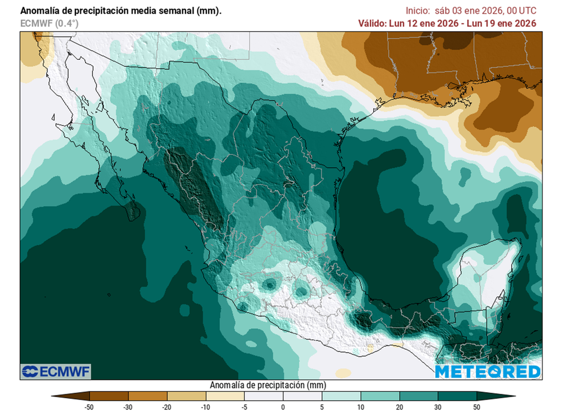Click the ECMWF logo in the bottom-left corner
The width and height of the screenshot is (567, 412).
coord(55,371)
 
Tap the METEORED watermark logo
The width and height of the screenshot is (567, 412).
coord(487,372)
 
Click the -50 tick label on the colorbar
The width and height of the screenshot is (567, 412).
coord(88,407)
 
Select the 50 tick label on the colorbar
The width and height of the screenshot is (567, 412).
coord(477,407)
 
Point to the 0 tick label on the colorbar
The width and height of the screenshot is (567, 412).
coord(283,407)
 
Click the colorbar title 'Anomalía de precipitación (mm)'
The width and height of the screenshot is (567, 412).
coord(267,385)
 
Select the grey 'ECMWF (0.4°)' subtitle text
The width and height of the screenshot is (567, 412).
coord(49,23)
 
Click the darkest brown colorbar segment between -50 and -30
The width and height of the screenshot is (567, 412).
coord(109,396)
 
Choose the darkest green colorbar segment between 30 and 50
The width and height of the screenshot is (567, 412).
coord(457,396)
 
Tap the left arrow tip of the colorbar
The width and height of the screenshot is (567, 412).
coord(53,396)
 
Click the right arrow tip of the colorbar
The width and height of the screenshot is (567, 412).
coord(513,396)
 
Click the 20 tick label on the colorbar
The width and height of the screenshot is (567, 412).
coord(399,407)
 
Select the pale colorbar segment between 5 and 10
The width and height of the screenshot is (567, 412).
coord(341,396)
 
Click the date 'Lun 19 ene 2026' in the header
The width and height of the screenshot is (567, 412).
coord(504,23)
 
